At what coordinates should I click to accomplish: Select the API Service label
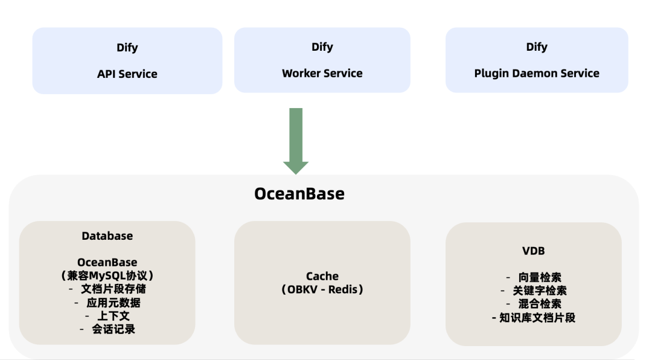click(x=127, y=74)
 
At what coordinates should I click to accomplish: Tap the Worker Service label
click(x=322, y=73)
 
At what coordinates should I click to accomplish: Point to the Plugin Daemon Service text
click(x=537, y=73)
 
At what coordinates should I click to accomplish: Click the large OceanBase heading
click(x=299, y=193)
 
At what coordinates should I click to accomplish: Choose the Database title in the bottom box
click(x=107, y=236)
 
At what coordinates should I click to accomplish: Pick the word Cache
click(x=322, y=276)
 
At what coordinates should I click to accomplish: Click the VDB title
click(x=534, y=250)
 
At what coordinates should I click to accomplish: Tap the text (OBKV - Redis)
click(x=322, y=289)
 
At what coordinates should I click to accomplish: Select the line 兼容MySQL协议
click(x=107, y=275)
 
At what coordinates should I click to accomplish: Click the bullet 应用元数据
click(x=113, y=302)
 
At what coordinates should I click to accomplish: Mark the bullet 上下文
click(x=113, y=315)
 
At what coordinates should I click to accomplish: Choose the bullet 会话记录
click(x=113, y=329)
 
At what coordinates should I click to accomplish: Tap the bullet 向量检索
click(x=540, y=277)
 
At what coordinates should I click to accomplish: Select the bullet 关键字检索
click(x=540, y=290)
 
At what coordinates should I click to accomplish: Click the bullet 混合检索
click(x=540, y=303)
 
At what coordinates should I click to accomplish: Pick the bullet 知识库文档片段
click(x=537, y=317)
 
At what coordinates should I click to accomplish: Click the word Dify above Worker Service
click(x=322, y=47)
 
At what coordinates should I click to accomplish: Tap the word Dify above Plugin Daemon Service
click(x=537, y=47)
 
